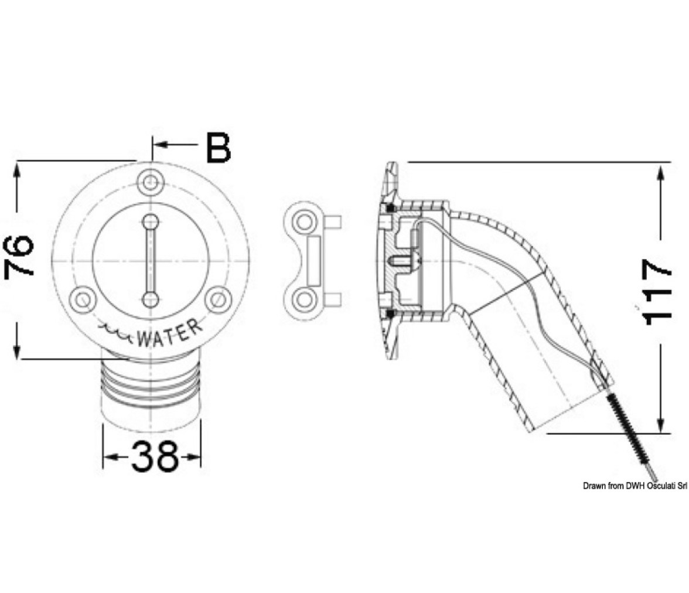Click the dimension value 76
[19, 255]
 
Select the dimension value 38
[155, 456]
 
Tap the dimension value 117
[657, 292]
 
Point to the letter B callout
[219, 147]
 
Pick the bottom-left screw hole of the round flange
[83, 300]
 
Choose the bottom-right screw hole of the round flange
[219, 300]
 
